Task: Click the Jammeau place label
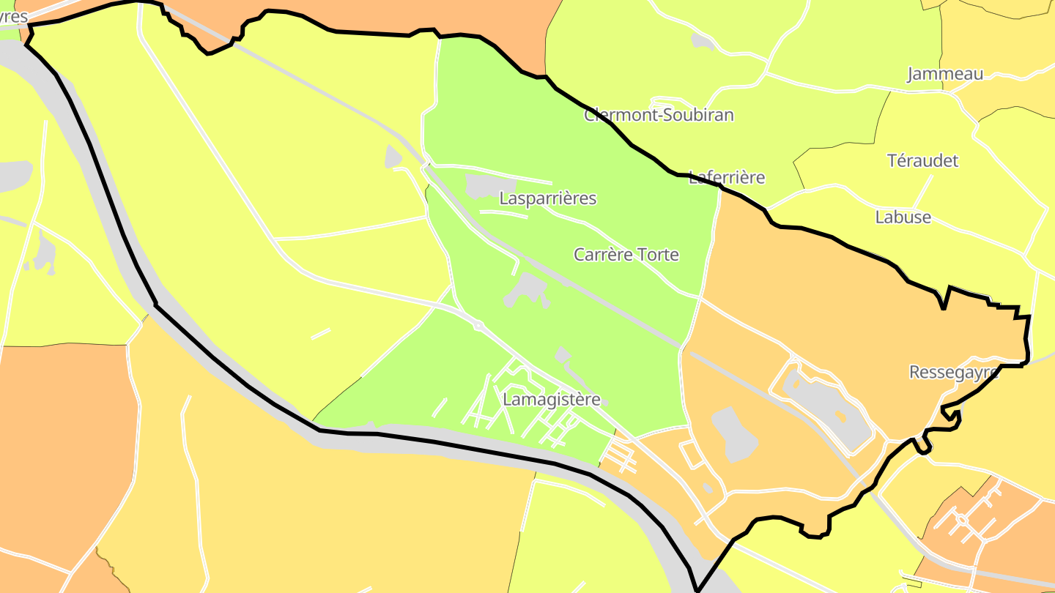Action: tap(945, 74)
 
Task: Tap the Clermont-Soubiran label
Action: tap(659, 115)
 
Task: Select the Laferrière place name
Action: tap(727, 177)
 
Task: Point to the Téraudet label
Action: tap(922, 160)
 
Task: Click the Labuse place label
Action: tap(903, 217)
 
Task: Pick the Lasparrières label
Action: tap(548, 198)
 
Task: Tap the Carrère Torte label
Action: tap(626, 255)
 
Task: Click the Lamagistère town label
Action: tap(552, 400)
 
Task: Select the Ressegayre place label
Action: tap(954, 372)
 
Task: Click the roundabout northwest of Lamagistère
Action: tap(478, 325)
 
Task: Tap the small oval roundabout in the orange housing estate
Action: tap(960, 520)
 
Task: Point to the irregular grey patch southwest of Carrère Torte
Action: tap(526, 288)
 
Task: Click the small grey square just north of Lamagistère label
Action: tap(563, 355)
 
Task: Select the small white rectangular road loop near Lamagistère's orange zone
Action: tap(690, 454)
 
